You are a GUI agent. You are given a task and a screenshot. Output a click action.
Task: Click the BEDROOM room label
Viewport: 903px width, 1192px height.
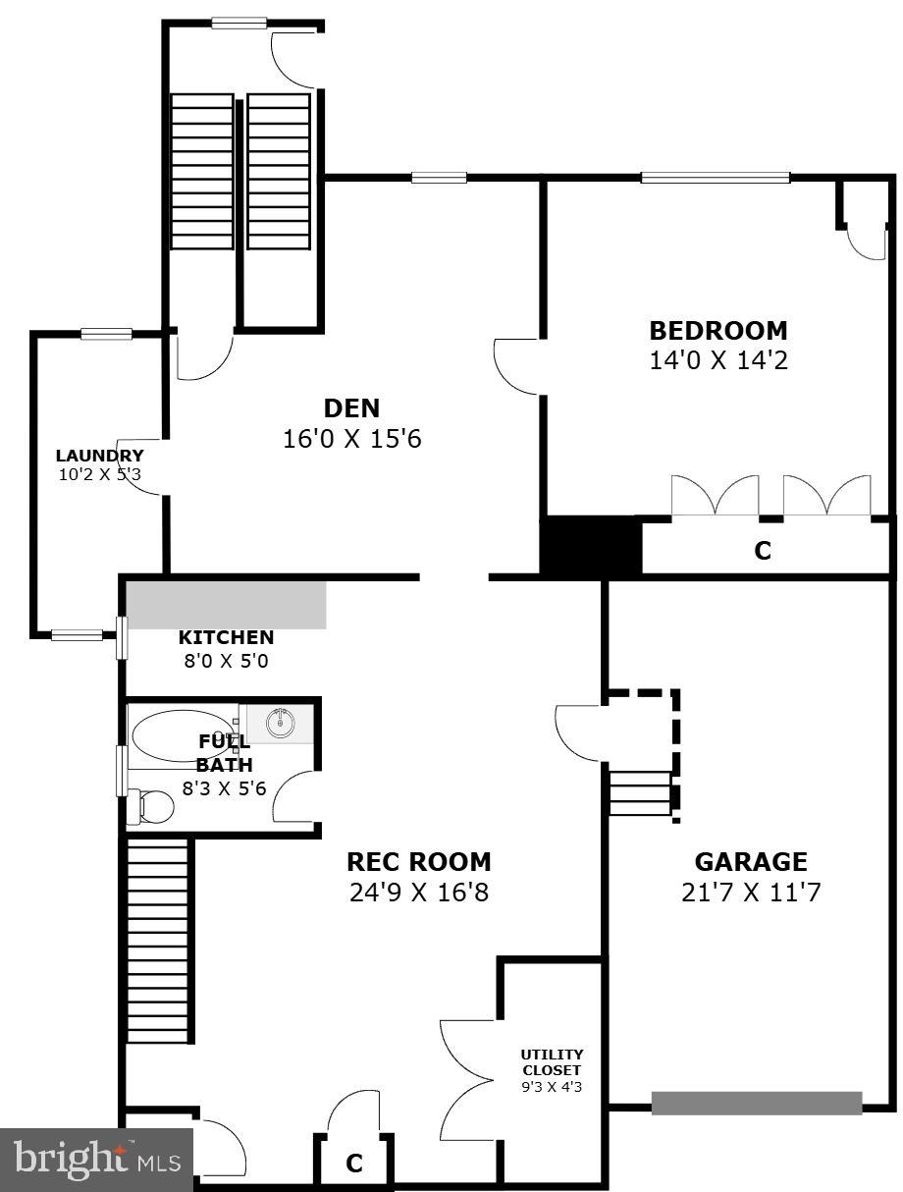(717, 331)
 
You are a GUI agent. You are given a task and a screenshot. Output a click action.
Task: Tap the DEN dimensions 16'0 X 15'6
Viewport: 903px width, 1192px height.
(351, 439)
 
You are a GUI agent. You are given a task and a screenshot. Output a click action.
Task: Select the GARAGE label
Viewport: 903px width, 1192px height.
(750, 862)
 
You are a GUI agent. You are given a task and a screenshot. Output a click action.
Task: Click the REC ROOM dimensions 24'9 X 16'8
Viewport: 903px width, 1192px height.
(418, 893)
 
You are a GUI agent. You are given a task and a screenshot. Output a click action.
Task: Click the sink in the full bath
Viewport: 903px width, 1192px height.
(281, 723)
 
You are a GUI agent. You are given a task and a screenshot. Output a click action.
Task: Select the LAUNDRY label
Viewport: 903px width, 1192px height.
(99, 456)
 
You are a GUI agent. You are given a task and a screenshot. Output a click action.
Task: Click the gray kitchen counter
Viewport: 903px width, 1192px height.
(227, 605)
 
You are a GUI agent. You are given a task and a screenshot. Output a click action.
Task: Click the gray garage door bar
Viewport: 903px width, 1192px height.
(756, 1103)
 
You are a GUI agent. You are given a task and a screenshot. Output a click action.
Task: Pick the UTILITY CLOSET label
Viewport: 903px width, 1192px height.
(552, 1062)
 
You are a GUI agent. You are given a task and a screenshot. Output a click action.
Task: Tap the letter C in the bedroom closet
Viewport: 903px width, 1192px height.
(763, 551)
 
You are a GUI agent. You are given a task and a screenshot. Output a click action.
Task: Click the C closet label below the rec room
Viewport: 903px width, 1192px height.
(354, 1164)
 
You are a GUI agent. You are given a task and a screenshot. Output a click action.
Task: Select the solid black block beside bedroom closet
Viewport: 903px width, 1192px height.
(590, 546)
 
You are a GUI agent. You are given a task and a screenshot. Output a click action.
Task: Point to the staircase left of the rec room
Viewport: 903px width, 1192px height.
(158, 941)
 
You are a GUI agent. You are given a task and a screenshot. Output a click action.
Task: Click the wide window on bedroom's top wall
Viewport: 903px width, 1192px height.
(715, 178)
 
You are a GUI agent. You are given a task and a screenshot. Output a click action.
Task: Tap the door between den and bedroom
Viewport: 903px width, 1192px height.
(518, 365)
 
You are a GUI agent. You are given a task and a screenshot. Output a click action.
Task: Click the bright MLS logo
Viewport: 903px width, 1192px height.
(97, 1160)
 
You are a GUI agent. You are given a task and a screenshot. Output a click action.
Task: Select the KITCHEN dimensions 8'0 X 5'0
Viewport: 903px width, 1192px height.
(226, 661)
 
